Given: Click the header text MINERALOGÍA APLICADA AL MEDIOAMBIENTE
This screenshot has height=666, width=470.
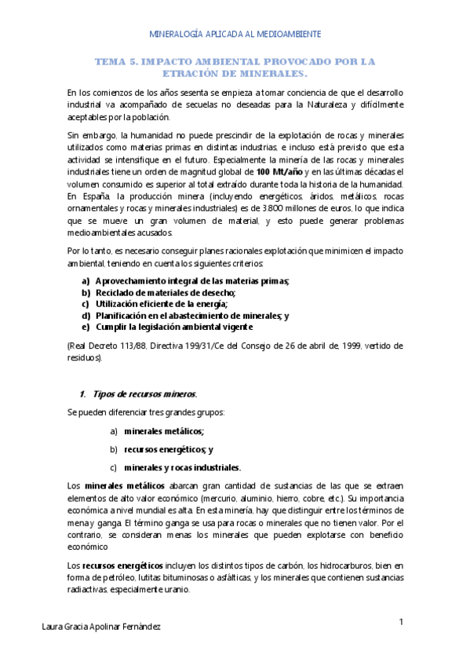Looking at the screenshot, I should coord(235,35).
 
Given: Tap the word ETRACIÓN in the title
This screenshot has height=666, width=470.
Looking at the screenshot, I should coord(194,73).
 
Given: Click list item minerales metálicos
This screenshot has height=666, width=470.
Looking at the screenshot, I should coord(164,431).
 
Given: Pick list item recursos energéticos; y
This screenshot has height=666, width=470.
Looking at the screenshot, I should coord(169,449).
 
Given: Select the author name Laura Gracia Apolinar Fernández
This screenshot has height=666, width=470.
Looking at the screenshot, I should coord(103,627).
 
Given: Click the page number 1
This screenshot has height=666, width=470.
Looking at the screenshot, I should coord(402,622).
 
